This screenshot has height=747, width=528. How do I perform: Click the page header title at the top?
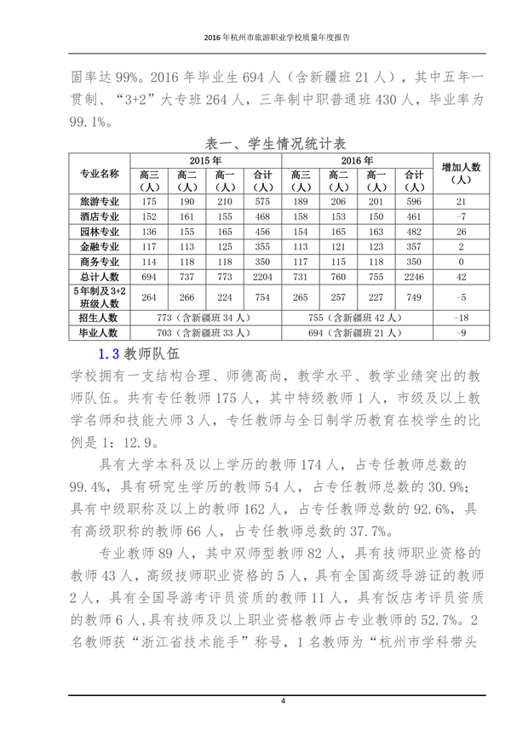(263, 38)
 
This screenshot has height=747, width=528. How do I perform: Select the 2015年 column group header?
(205, 160)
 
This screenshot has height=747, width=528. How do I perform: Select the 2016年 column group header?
(358, 160)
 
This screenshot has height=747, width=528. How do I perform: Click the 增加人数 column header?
(461, 174)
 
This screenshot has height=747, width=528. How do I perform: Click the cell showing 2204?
(263, 277)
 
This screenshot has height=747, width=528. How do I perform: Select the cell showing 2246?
(415, 277)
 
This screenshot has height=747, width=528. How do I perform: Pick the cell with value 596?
(415, 202)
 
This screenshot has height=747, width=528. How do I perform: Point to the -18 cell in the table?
(461, 318)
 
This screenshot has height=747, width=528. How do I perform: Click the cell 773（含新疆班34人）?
(205, 318)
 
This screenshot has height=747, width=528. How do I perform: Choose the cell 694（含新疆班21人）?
(358, 332)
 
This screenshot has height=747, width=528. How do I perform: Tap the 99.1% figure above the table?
(89, 122)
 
